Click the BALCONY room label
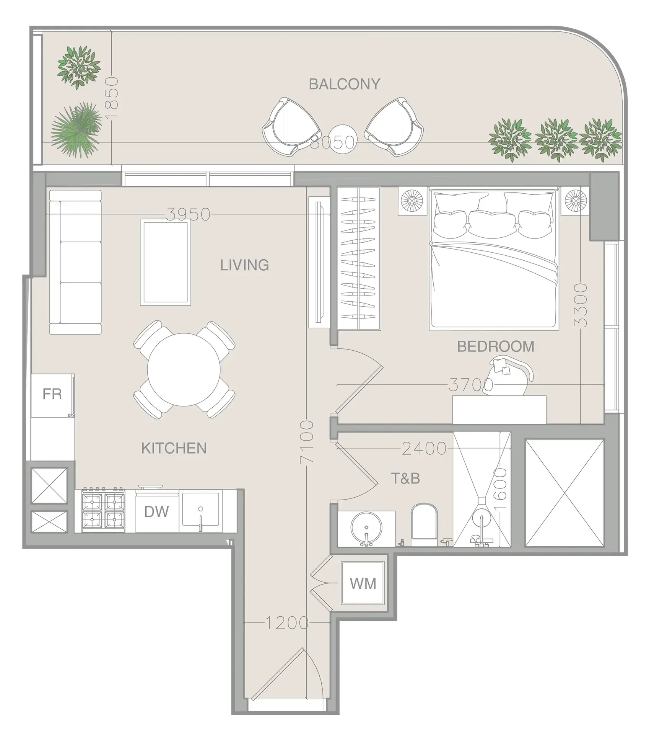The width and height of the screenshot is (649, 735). [344, 84]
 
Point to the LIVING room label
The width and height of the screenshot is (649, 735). [244, 265]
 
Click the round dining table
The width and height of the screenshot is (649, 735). [184, 369]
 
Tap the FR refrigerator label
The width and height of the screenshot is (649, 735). [52, 394]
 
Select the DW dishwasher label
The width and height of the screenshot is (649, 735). [156, 512]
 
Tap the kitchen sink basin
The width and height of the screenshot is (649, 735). [200, 509]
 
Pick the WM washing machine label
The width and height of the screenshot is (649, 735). [363, 583]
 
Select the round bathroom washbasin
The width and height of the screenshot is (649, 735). [366, 527]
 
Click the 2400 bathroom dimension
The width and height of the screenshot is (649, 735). [424, 448]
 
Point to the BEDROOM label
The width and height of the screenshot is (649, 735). [496, 346]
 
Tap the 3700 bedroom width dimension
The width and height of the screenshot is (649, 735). [470, 385]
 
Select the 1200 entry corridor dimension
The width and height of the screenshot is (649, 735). [286, 623]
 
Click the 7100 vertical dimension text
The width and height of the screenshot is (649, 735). [307, 442]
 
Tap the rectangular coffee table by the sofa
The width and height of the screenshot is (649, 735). [166, 262]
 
